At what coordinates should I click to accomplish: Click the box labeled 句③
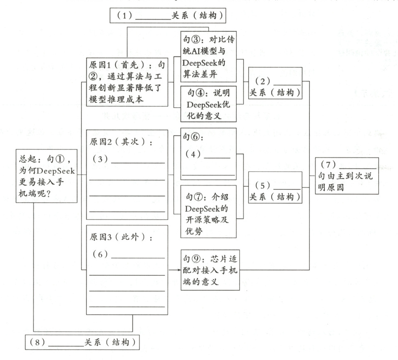tap(208, 51)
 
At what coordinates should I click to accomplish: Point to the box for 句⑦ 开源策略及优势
tap(208, 211)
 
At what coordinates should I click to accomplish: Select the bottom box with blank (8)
tap(83, 342)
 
